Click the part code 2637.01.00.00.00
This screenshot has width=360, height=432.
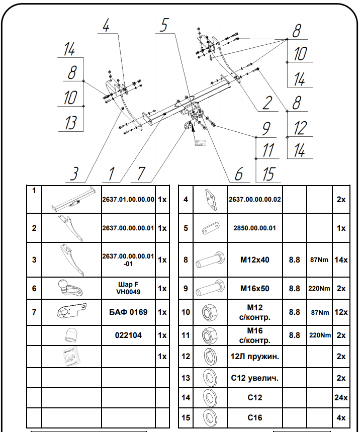pos(128,200)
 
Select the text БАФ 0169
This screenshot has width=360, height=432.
pos(128,312)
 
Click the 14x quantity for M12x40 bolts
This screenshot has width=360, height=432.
pos(341,260)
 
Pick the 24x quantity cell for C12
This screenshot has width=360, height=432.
pos(341,397)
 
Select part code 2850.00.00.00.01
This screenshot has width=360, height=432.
pos(255,228)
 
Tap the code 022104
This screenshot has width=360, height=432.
pos(128,335)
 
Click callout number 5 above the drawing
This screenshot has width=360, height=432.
pos(163,26)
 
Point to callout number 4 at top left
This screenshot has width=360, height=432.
pos(106,26)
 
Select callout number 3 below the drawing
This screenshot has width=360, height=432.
pos(74,174)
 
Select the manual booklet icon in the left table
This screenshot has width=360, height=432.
pos(71,357)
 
